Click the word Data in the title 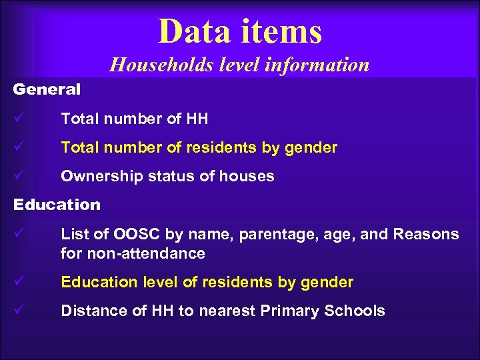190,31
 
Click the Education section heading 57,205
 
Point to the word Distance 88,311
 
